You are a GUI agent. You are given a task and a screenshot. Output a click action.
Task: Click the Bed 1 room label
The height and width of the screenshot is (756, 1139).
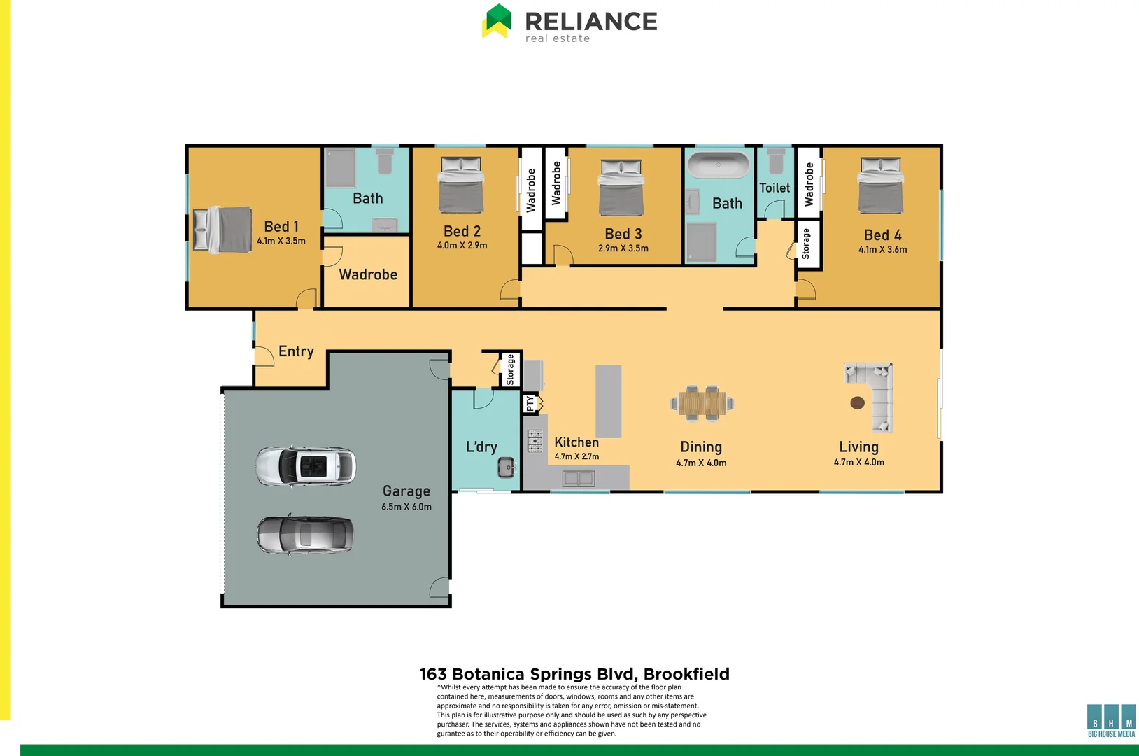[x=281, y=226]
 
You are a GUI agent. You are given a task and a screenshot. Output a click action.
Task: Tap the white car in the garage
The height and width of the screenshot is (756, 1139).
[x=305, y=466]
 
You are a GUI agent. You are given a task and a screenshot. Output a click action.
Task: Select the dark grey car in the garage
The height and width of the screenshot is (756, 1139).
[x=305, y=535]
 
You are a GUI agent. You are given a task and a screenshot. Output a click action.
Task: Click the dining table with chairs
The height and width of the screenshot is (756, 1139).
[x=702, y=403]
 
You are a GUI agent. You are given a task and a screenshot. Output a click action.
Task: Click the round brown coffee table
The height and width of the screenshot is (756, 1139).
[x=857, y=402]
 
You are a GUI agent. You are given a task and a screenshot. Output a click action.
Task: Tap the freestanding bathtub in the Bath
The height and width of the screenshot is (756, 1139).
[x=718, y=166]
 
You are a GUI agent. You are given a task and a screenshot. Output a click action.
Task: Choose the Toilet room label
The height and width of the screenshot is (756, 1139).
[x=774, y=188]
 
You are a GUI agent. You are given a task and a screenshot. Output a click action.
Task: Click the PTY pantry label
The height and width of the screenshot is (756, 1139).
[x=530, y=404]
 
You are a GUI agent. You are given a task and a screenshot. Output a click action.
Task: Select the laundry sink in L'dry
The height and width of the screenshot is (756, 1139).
[x=507, y=467]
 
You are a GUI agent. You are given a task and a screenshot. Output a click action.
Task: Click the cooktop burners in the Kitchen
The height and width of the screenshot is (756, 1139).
[x=535, y=442]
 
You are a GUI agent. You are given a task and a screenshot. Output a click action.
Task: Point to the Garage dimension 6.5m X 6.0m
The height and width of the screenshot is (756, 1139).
[x=406, y=507]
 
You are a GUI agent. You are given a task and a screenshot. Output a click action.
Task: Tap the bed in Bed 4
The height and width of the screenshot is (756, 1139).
[x=880, y=185]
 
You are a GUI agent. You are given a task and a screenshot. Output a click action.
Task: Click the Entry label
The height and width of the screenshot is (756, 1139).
[x=296, y=351]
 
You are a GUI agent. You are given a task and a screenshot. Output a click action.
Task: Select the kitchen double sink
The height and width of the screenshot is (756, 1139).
[x=579, y=479]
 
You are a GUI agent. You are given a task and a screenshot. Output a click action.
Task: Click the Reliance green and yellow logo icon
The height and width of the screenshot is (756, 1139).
[x=497, y=21]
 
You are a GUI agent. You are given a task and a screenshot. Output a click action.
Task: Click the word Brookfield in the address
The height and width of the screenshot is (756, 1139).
[x=686, y=674]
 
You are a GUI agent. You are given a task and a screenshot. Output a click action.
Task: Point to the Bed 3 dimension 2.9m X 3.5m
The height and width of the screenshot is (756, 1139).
[x=623, y=248]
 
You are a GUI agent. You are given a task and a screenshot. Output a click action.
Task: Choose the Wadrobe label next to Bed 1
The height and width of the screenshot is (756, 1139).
[x=368, y=274]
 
